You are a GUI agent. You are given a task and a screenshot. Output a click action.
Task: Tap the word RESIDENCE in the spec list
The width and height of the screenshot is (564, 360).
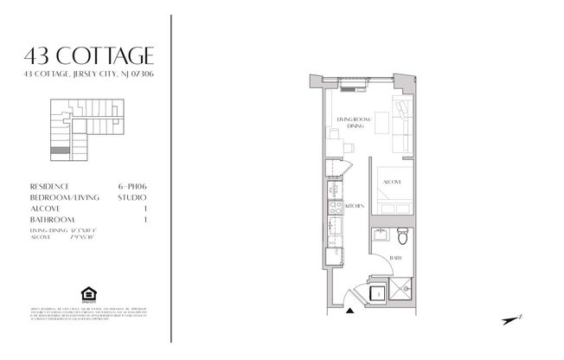point(50,186)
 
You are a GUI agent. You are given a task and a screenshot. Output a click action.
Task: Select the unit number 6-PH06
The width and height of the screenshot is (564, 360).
point(134,186)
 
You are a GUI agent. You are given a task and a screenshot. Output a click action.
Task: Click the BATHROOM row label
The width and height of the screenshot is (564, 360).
point(53,220)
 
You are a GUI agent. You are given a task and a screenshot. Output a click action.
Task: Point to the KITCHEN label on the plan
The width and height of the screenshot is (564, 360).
point(354,206)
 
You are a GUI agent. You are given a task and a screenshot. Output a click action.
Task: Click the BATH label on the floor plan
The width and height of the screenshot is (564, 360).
point(394,258)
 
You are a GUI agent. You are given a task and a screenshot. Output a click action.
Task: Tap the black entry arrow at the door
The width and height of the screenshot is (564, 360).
point(350,315)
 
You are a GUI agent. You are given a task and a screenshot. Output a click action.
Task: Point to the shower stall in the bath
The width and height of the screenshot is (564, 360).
point(403,289)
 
